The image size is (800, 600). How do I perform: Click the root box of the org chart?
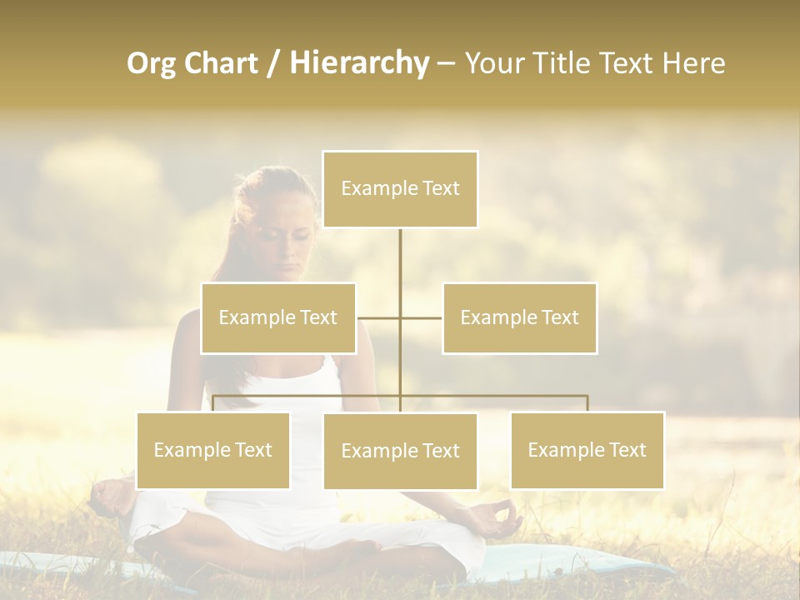[400, 189]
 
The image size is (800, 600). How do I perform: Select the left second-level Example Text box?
[278, 317]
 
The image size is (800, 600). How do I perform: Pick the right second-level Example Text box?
[519, 317]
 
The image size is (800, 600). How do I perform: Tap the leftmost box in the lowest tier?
[213, 450]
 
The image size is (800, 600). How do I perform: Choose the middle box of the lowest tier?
[400, 451]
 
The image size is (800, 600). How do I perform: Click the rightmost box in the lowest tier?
[587, 450]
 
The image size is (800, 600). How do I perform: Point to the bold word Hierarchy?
[359, 63]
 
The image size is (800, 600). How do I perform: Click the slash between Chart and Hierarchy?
[273, 63]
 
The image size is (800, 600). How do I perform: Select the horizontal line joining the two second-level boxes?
[400, 317]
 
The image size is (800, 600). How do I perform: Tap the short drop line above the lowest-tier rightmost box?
[587, 403]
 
